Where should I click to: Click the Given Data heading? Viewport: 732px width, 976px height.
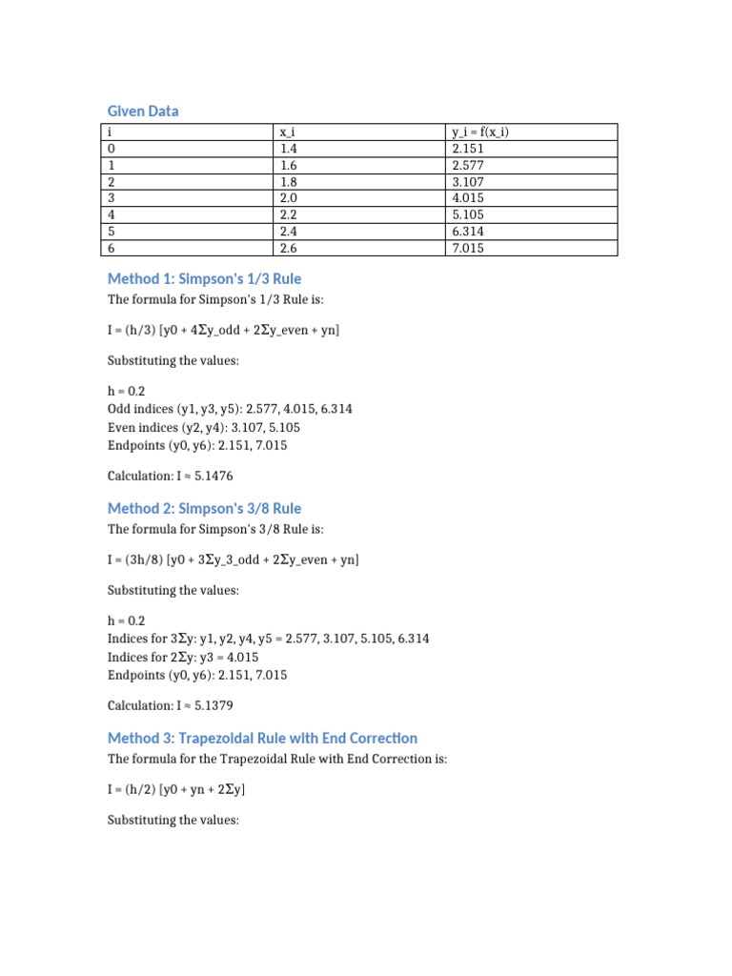point(143,112)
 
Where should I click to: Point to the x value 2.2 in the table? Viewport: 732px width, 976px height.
point(290,214)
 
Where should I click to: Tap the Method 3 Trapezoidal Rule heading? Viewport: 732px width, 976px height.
point(262,738)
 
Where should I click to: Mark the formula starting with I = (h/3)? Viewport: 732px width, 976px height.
point(223,330)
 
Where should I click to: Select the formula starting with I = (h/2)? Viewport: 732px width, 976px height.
point(181,789)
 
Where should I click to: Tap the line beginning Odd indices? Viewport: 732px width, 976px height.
point(230,408)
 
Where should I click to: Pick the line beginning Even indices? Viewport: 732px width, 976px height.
point(204,426)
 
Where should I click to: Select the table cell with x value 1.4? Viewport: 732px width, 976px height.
point(290,149)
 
